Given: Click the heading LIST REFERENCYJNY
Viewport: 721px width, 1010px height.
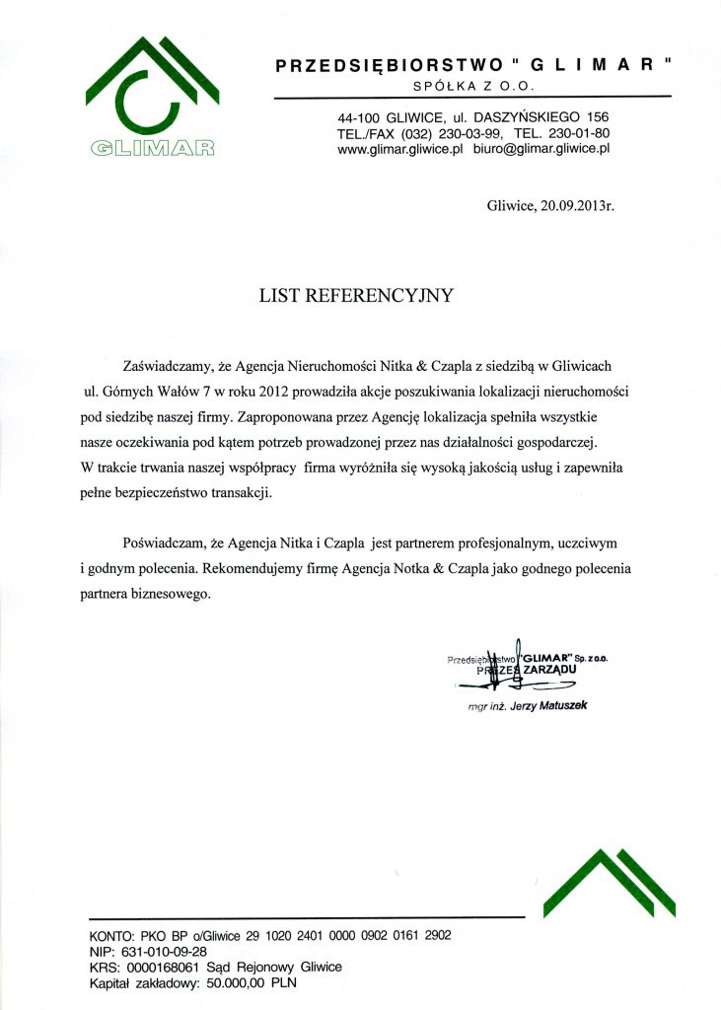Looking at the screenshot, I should (355, 294).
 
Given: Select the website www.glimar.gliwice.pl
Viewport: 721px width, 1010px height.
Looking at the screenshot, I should (400, 149).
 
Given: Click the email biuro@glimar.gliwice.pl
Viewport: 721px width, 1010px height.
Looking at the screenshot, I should (542, 149).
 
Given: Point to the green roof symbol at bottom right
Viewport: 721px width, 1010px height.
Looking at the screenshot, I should (609, 883).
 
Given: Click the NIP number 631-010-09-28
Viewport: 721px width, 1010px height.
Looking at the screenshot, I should (163, 952).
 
